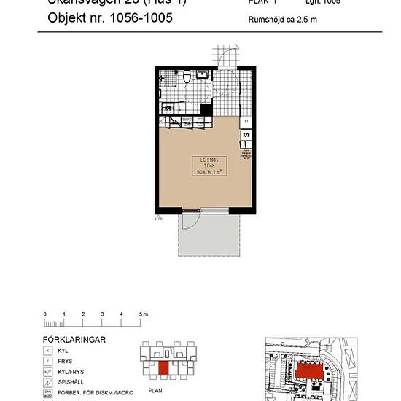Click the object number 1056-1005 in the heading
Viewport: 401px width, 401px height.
point(134,19)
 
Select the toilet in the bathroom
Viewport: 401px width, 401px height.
point(187,77)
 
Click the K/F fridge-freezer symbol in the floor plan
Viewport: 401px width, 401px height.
point(246,135)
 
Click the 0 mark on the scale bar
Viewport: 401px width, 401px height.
point(45,314)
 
